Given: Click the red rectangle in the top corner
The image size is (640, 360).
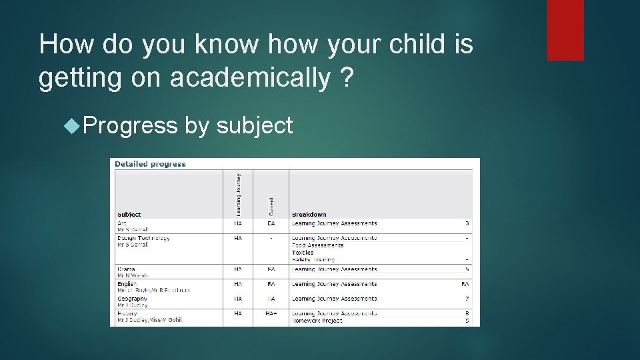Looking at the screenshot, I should (x=565, y=30).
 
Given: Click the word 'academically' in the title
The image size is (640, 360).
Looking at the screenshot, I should (x=250, y=78).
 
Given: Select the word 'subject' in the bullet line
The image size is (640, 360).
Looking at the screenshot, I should (x=255, y=125).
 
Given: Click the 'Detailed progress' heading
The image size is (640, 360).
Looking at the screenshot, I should (x=150, y=164).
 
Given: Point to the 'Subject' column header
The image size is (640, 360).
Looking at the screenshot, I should (x=129, y=215).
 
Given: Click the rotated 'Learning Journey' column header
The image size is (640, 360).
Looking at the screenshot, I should (x=239, y=194).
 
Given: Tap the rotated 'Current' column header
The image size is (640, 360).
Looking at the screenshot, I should (x=271, y=205).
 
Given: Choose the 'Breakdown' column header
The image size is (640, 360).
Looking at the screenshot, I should (x=309, y=215).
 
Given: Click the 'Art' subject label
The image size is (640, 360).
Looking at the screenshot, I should (x=121, y=223).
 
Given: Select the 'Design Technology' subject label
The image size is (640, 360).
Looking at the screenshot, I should (x=143, y=238).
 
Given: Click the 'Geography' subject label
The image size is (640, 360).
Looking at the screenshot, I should (x=132, y=299).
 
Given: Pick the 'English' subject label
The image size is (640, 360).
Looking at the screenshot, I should (x=127, y=284).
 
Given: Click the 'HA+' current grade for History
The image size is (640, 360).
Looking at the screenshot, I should (x=271, y=313).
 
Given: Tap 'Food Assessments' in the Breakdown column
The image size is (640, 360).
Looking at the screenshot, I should (x=317, y=245).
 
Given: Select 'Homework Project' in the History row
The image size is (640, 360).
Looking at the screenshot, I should (x=317, y=321).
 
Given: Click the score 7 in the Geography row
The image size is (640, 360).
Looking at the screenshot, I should (x=467, y=299).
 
